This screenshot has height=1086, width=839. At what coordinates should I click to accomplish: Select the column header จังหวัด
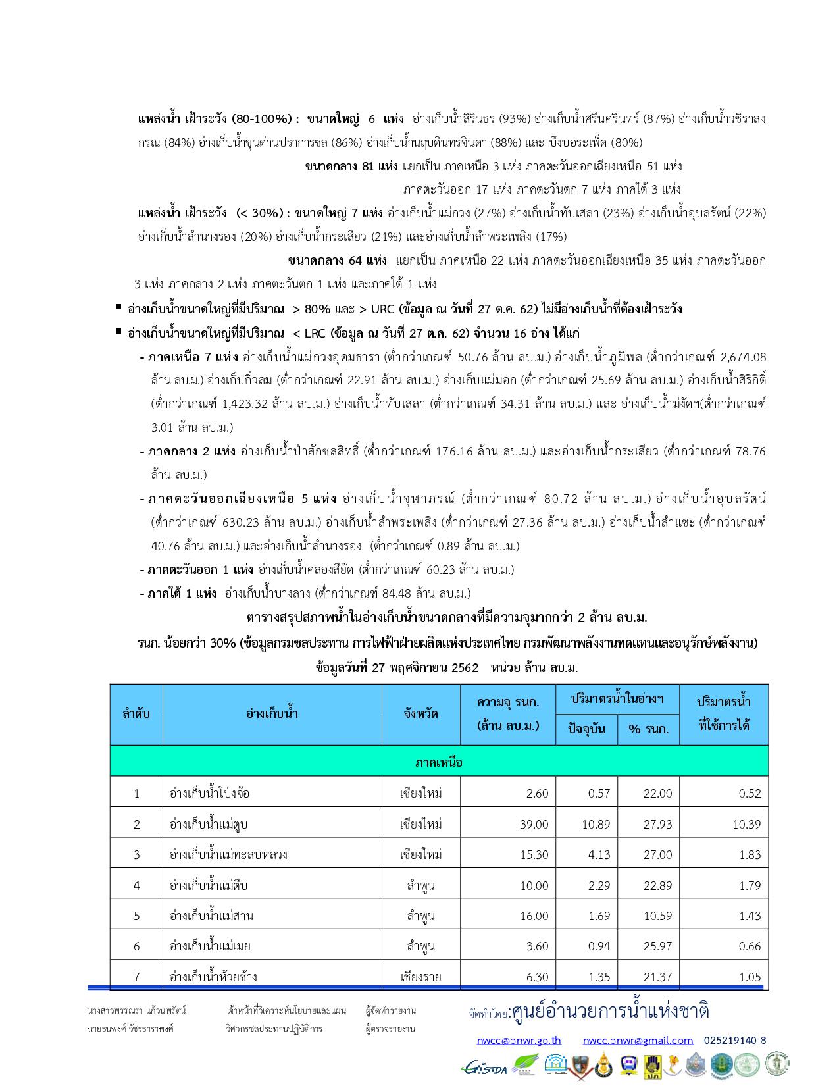coord(421,713)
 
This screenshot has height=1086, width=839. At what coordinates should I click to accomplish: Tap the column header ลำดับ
coord(136,713)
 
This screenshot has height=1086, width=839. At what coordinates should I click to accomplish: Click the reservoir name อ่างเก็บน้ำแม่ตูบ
coord(209,824)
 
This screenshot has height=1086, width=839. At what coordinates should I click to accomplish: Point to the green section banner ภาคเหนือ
coord(439,762)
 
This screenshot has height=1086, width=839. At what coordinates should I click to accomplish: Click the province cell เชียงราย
coord(421,977)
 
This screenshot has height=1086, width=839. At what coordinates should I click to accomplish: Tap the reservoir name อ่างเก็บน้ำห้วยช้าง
coord(213,977)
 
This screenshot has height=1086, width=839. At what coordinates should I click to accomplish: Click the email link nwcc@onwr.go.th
coord(519,1040)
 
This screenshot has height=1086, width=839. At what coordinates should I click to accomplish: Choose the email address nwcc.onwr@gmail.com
coord(638,1040)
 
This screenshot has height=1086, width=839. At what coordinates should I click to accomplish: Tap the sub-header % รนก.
coord(648,729)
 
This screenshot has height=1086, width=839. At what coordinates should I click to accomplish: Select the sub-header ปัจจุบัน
coord(587,729)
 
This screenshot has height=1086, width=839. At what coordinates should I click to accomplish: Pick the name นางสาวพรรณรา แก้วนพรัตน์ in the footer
coord(137,1010)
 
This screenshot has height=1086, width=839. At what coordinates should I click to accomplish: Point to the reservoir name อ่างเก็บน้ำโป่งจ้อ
coord(209,793)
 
